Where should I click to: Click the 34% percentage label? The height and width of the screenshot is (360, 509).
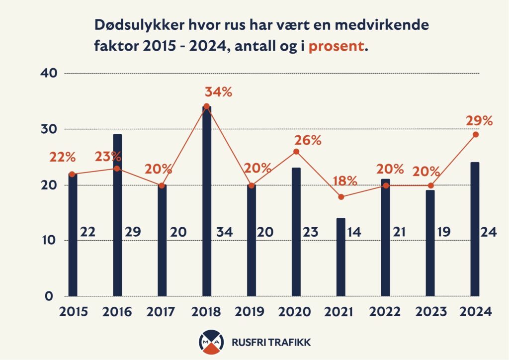point(218,92)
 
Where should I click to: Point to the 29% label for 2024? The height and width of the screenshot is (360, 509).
point(479,121)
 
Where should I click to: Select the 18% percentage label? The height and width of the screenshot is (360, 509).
point(345,181)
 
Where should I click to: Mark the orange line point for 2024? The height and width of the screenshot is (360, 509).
point(476,134)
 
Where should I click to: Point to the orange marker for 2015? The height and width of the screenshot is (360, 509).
point(73,174)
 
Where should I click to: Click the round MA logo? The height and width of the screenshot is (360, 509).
point(210,342)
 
